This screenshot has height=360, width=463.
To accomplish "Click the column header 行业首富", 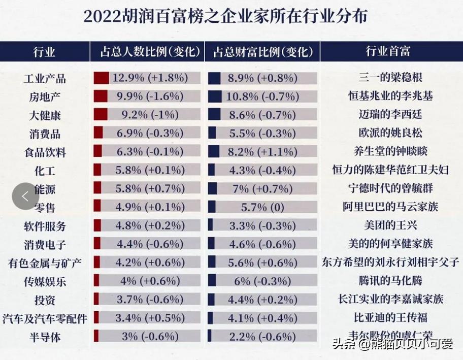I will tap(388, 51).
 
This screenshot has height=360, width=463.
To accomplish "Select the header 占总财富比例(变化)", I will tap(262, 51).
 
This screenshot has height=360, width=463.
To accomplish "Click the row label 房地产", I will tap(45, 96).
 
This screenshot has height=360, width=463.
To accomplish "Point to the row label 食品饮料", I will tap(45, 152).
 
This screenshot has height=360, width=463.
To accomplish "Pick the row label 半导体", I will tap(45, 337).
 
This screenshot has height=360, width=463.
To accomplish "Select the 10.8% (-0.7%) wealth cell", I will tap(263, 96).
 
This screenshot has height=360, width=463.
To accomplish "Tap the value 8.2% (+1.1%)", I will tap(263, 152).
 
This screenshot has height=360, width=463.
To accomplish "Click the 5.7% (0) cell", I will tap(263, 207).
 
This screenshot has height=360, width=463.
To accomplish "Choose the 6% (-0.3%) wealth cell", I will tap(263, 281).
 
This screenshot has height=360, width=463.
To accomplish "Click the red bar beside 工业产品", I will tap(102, 78).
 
